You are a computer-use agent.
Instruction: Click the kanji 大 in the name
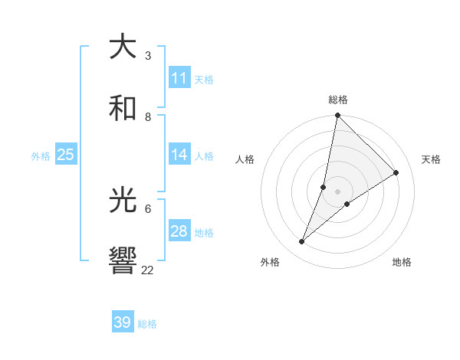pyautogui.click(x=123, y=47)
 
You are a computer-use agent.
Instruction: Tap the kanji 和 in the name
pyautogui.click(x=123, y=109)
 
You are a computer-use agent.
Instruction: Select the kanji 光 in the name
pyautogui.click(x=123, y=201)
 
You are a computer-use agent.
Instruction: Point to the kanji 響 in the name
pyautogui.click(x=123, y=261)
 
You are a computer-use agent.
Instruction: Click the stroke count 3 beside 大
pyautogui.click(x=148, y=56)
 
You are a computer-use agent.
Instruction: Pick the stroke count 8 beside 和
pyautogui.click(x=148, y=117)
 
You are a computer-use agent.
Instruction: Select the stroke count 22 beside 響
pyautogui.click(x=148, y=270)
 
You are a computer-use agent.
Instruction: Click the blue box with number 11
pyautogui.click(x=179, y=78)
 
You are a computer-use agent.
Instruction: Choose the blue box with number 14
pyautogui.click(x=179, y=155)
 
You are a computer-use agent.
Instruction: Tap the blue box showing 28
pyautogui.click(x=179, y=231)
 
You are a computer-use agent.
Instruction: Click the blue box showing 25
pyautogui.click(x=66, y=155)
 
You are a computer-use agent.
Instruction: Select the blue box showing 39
pyautogui.click(x=123, y=322)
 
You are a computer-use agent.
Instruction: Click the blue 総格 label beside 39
pyautogui.click(x=147, y=324)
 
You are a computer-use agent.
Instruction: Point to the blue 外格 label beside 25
pyautogui.click(x=41, y=156)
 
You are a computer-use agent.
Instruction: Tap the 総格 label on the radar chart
pyautogui.click(x=338, y=100)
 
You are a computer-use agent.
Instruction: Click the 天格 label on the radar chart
pyautogui.click(x=431, y=159)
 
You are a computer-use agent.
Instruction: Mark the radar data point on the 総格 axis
pyautogui.click(x=337, y=116)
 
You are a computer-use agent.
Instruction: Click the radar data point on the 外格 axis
pyautogui.click(x=302, y=242)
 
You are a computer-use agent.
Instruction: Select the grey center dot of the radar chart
pyautogui.click(x=337, y=191)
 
